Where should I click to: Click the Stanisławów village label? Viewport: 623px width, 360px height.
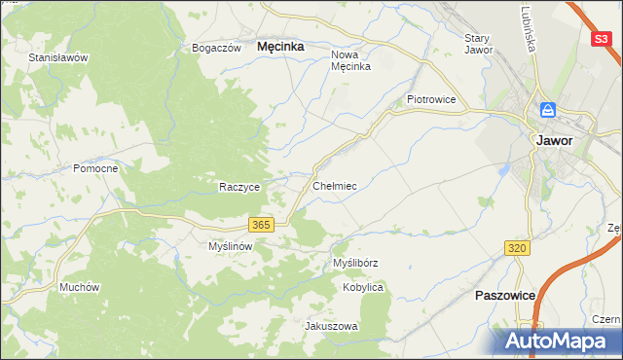coord(58,57)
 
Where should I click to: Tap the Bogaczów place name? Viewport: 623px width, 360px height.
coord(216,48)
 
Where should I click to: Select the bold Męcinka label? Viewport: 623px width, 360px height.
coord(280,46)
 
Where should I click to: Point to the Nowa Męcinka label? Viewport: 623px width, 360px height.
coord(351,60)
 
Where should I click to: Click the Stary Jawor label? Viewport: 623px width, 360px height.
coord(479,44)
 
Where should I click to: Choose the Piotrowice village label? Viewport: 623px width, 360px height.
coord(431,99)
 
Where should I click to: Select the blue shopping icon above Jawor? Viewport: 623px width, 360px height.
coord(548,110)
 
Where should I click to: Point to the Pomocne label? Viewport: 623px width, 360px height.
coord(95,168)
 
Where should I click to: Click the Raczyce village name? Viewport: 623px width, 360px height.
coord(238,187)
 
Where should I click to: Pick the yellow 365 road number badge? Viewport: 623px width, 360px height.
coord(260,225)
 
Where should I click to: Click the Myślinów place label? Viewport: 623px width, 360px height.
coord(231,246)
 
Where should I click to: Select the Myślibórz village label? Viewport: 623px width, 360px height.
coord(355,263)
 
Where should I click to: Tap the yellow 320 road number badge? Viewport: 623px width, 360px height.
coord(517,249)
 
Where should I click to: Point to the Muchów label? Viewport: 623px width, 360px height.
coord(80,287)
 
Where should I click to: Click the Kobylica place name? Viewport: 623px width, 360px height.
coord(363,288)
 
